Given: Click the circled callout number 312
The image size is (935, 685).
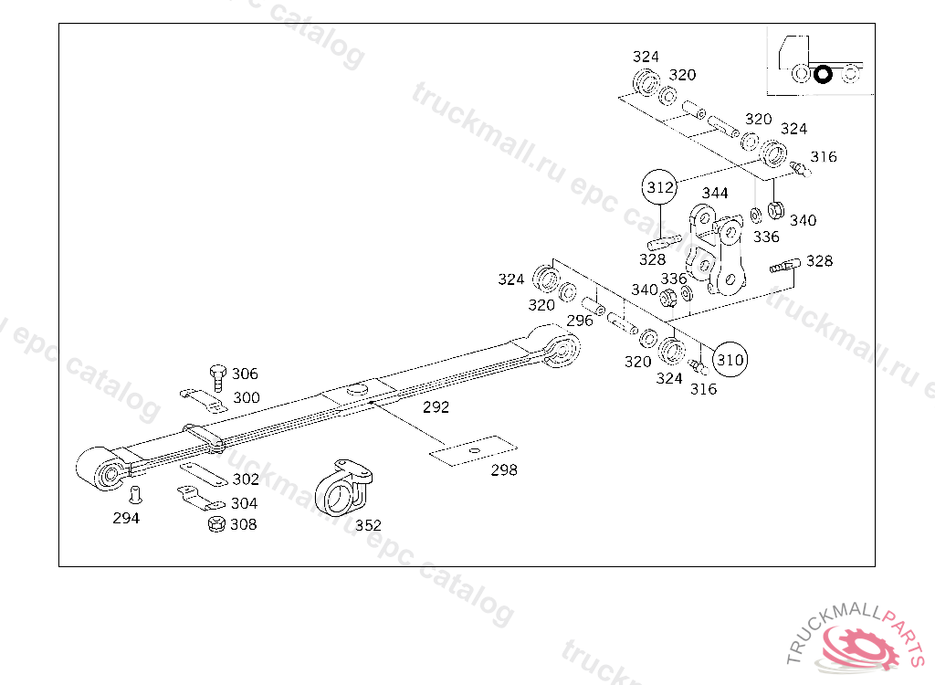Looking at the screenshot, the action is pyautogui.click(x=659, y=187).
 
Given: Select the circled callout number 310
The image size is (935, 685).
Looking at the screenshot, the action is pyautogui.click(x=730, y=359).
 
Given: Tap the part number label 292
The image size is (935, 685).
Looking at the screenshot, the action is pyautogui.click(x=436, y=407).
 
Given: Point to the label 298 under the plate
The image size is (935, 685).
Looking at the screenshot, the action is pyautogui.click(x=504, y=470).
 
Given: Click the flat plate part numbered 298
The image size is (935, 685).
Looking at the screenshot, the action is pyautogui.click(x=474, y=450).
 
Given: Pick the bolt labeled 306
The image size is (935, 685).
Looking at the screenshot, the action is pyautogui.click(x=218, y=378).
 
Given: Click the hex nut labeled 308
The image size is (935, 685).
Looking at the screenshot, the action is pyautogui.click(x=216, y=524).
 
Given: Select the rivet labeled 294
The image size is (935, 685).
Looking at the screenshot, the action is pyautogui.click(x=136, y=495).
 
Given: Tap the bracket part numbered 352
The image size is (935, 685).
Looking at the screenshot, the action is pyautogui.click(x=343, y=488).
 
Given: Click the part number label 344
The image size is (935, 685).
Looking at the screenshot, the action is pyautogui.click(x=715, y=193).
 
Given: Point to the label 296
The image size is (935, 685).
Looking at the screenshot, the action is pyautogui.click(x=580, y=321).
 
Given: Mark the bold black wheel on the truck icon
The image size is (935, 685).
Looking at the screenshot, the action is pyautogui.click(x=823, y=75).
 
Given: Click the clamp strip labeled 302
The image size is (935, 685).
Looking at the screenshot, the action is pyautogui.click(x=204, y=474).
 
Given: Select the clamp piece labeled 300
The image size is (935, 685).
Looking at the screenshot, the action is pyautogui.click(x=204, y=400).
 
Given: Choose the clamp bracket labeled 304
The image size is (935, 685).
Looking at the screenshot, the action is pyautogui.click(x=201, y=499).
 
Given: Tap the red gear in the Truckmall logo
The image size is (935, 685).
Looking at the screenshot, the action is pyautogui.click(x=862, y=646).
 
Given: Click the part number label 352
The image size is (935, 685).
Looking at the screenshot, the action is pyautogui.click(x=368, y=525).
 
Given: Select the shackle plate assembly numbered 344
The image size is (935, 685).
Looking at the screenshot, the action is pyautogui.click(x=716, y=250).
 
